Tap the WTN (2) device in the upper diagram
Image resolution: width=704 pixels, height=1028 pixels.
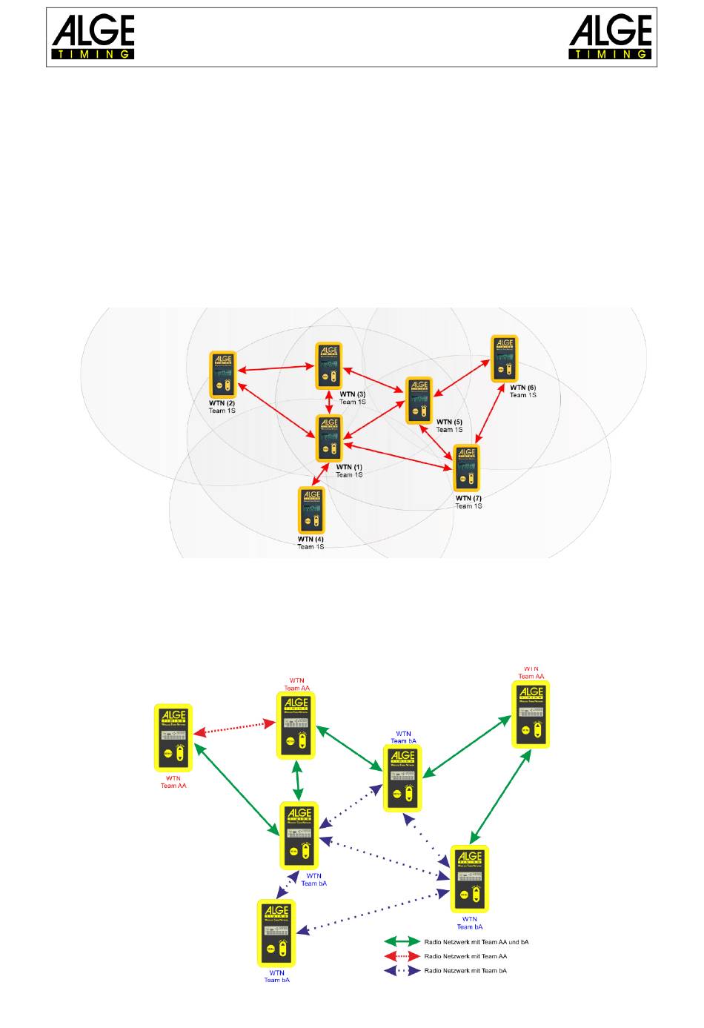click(x=222, y=374)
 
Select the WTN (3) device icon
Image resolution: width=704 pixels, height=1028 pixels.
click(x=328, y=365)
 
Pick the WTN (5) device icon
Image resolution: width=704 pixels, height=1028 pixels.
click(x=419, y=400)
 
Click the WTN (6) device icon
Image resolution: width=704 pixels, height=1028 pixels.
click(x=504, y=359)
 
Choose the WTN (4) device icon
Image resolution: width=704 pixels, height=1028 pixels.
click(x=311, y=510)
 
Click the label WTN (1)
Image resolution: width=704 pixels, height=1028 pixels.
click(x=349, y=468)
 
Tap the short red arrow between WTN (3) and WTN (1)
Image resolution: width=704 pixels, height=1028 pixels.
click(x=329, y=402)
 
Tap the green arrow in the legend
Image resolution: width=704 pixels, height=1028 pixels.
click(x=401, y=941)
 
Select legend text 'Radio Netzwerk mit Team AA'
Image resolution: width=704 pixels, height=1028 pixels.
click(x=465, y=956)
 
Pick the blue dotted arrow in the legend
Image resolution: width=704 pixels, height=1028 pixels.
click(x=401, y=970)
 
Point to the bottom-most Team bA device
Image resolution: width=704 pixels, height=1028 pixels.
click(x=276, y=933)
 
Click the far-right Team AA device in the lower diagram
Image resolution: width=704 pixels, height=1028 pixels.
click(x=531, y=714)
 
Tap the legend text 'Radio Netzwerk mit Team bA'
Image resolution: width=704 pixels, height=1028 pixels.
click(x=465, y=970)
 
